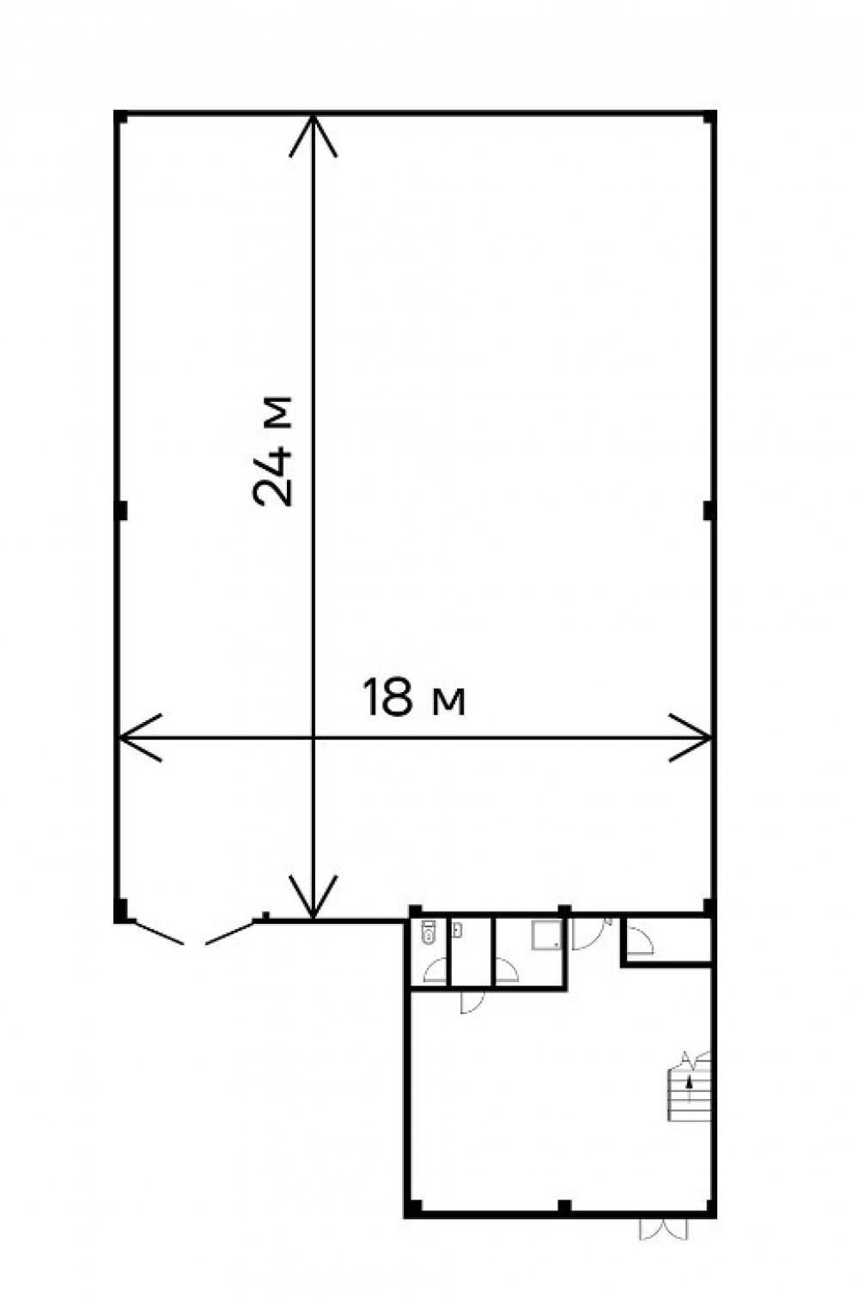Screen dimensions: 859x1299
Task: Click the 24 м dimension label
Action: coord(272,451)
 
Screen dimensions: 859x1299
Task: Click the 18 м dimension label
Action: coord(414,697)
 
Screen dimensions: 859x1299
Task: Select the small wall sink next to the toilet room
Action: coord(457,930)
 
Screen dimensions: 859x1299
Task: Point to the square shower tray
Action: coord(546,935)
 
